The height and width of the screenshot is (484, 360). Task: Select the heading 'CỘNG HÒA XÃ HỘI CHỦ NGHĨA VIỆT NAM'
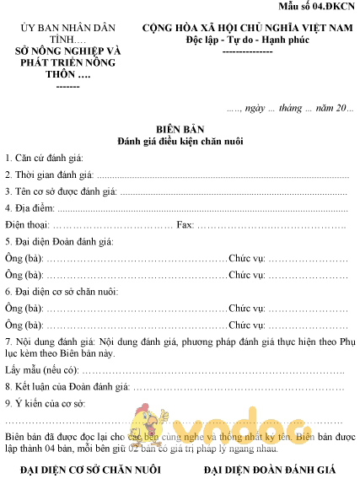click(x=247, y=29)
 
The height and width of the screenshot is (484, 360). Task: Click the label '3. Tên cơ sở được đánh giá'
click(x=62, y=192)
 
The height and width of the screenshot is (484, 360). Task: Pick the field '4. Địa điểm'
click(x=30, y=208)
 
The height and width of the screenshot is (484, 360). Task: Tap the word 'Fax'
click(x=185, y=225)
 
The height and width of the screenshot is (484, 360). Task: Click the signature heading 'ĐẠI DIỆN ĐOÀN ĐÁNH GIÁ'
click(x=269, y=469)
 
